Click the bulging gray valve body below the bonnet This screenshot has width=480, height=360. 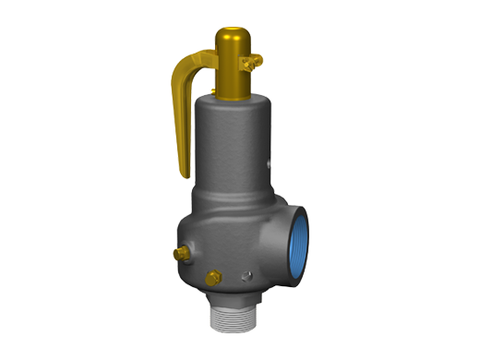coord(217,240)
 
